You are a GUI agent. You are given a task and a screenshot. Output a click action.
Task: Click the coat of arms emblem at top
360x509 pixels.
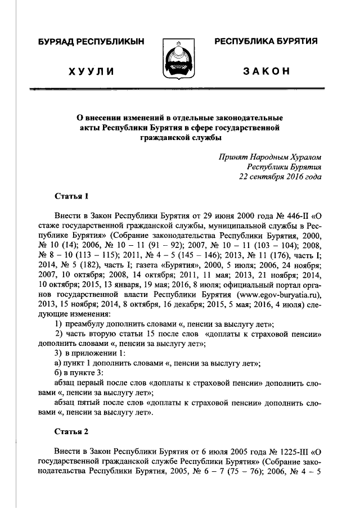(x=179, y=58)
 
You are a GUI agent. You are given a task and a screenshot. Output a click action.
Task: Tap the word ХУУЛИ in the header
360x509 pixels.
(x=91, y=71)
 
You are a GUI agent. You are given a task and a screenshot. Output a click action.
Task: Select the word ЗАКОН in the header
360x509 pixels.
(x=267, y=71)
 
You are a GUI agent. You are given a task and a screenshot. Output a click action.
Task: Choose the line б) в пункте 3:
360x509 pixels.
(x=79, y=373)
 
